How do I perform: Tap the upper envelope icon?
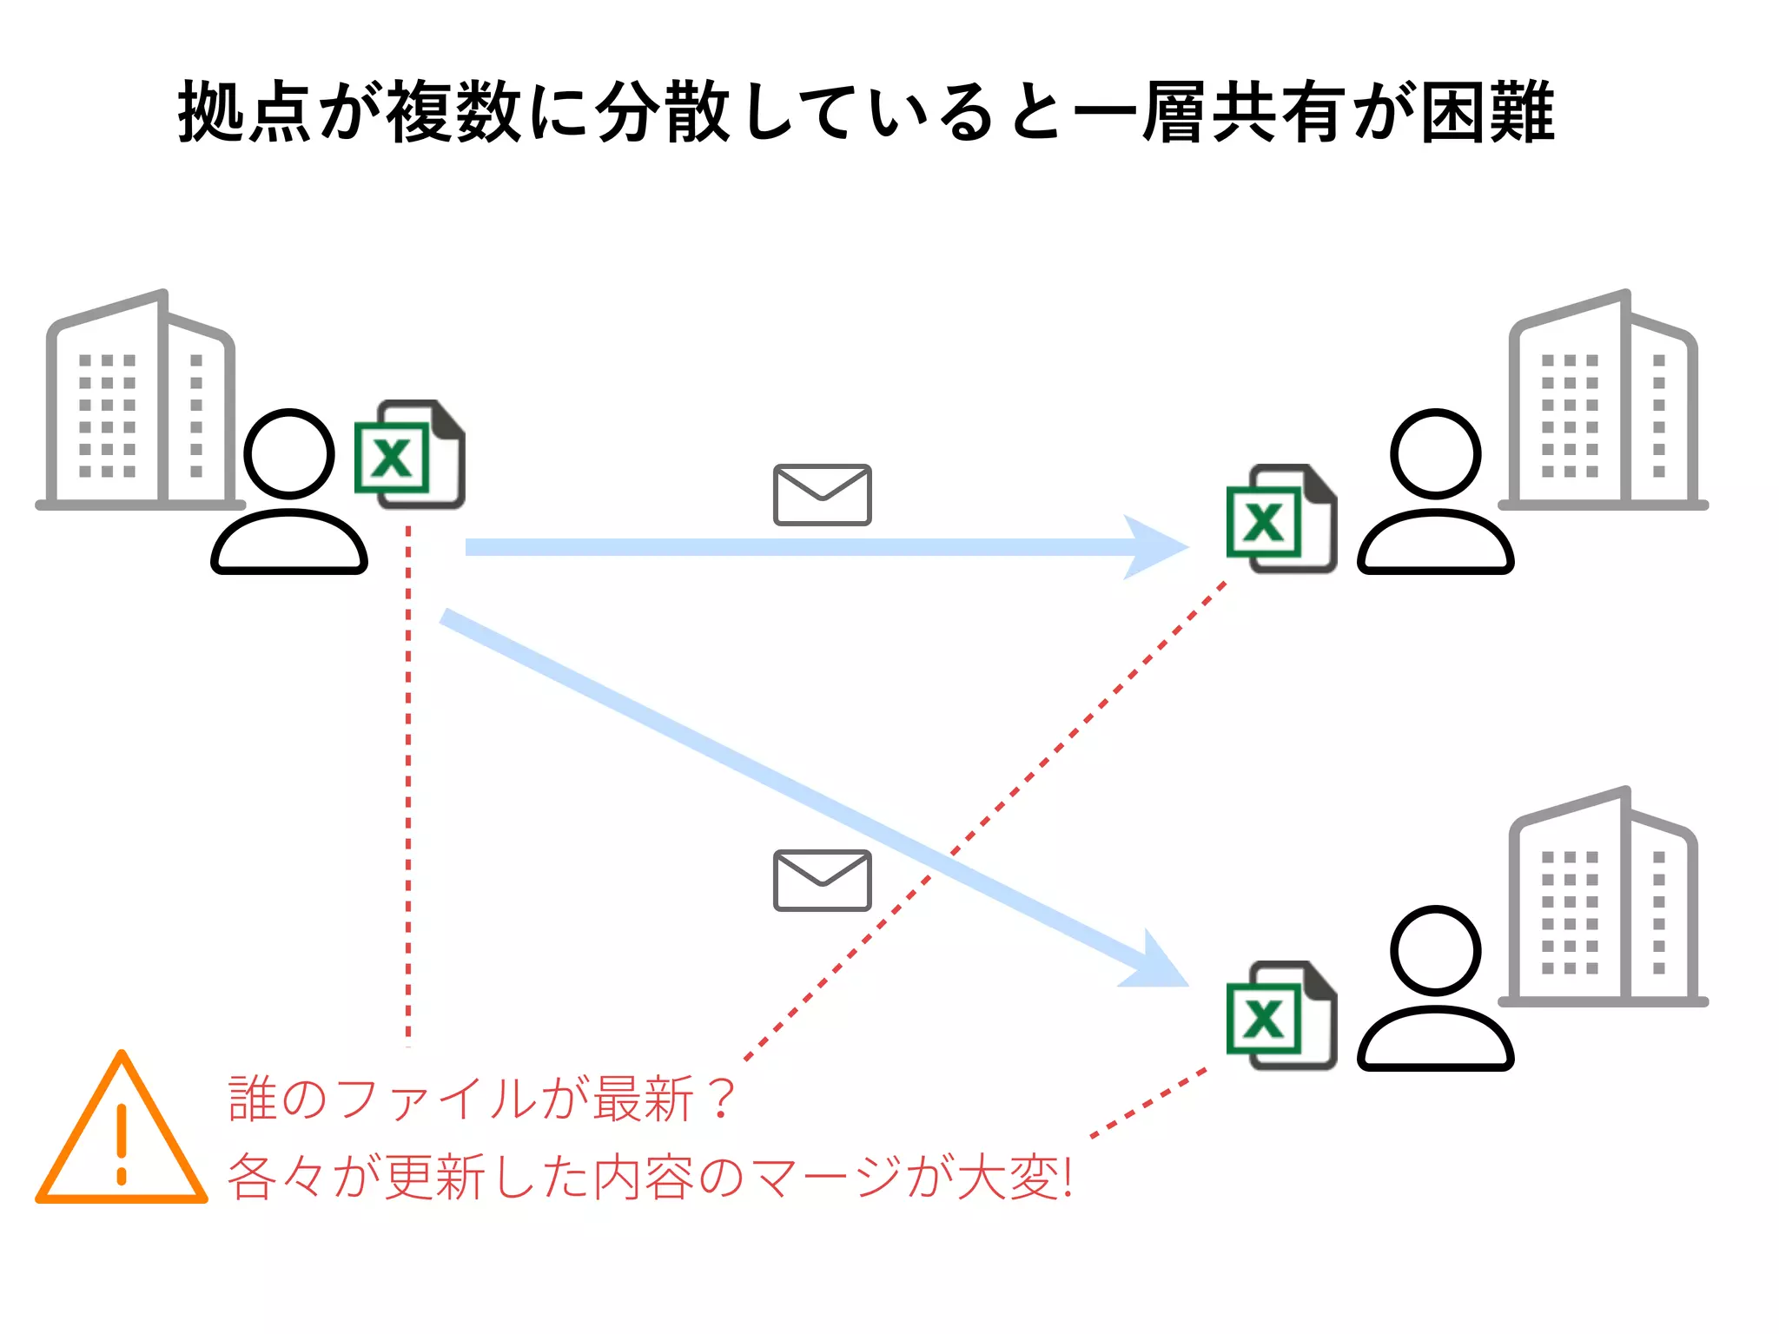click(822, 495)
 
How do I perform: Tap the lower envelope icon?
click(822, 881)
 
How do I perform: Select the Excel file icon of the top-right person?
click(1281, 519)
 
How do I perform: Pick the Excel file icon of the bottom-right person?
click(1281, 1016)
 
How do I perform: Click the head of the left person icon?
click(289, 453)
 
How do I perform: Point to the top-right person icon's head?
click(1435, 453)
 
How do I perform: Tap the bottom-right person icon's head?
click(1435, 950)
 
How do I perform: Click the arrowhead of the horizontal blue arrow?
click(1155, 547)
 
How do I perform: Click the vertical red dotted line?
click(408, 782)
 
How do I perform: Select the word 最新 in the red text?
click(644, 1099)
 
